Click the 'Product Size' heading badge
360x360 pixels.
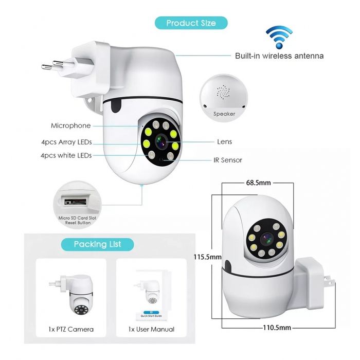tap(191, 23)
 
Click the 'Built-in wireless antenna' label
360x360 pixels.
tap(279, 56)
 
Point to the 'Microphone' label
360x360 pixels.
tap(70, 125)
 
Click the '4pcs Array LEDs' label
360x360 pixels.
tap(66, 142)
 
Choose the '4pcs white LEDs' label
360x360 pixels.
tap(66, 155)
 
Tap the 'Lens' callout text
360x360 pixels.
tap(224, 141)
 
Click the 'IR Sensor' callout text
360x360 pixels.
tap(227, 160)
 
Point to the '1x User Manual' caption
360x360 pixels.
tap(152, 329)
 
